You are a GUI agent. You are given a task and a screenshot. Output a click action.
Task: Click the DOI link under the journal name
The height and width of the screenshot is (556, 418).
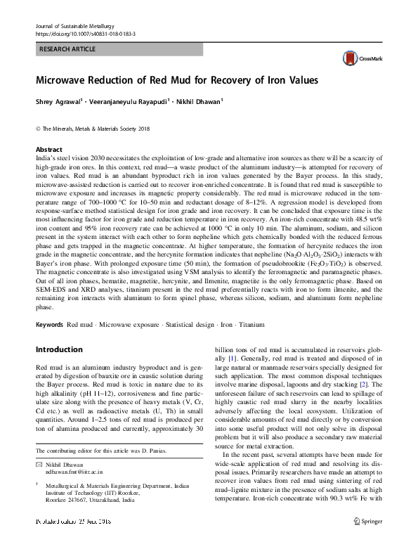click(x=85, y=33)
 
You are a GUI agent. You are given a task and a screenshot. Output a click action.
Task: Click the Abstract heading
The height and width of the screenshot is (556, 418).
click(x=49, y=150)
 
